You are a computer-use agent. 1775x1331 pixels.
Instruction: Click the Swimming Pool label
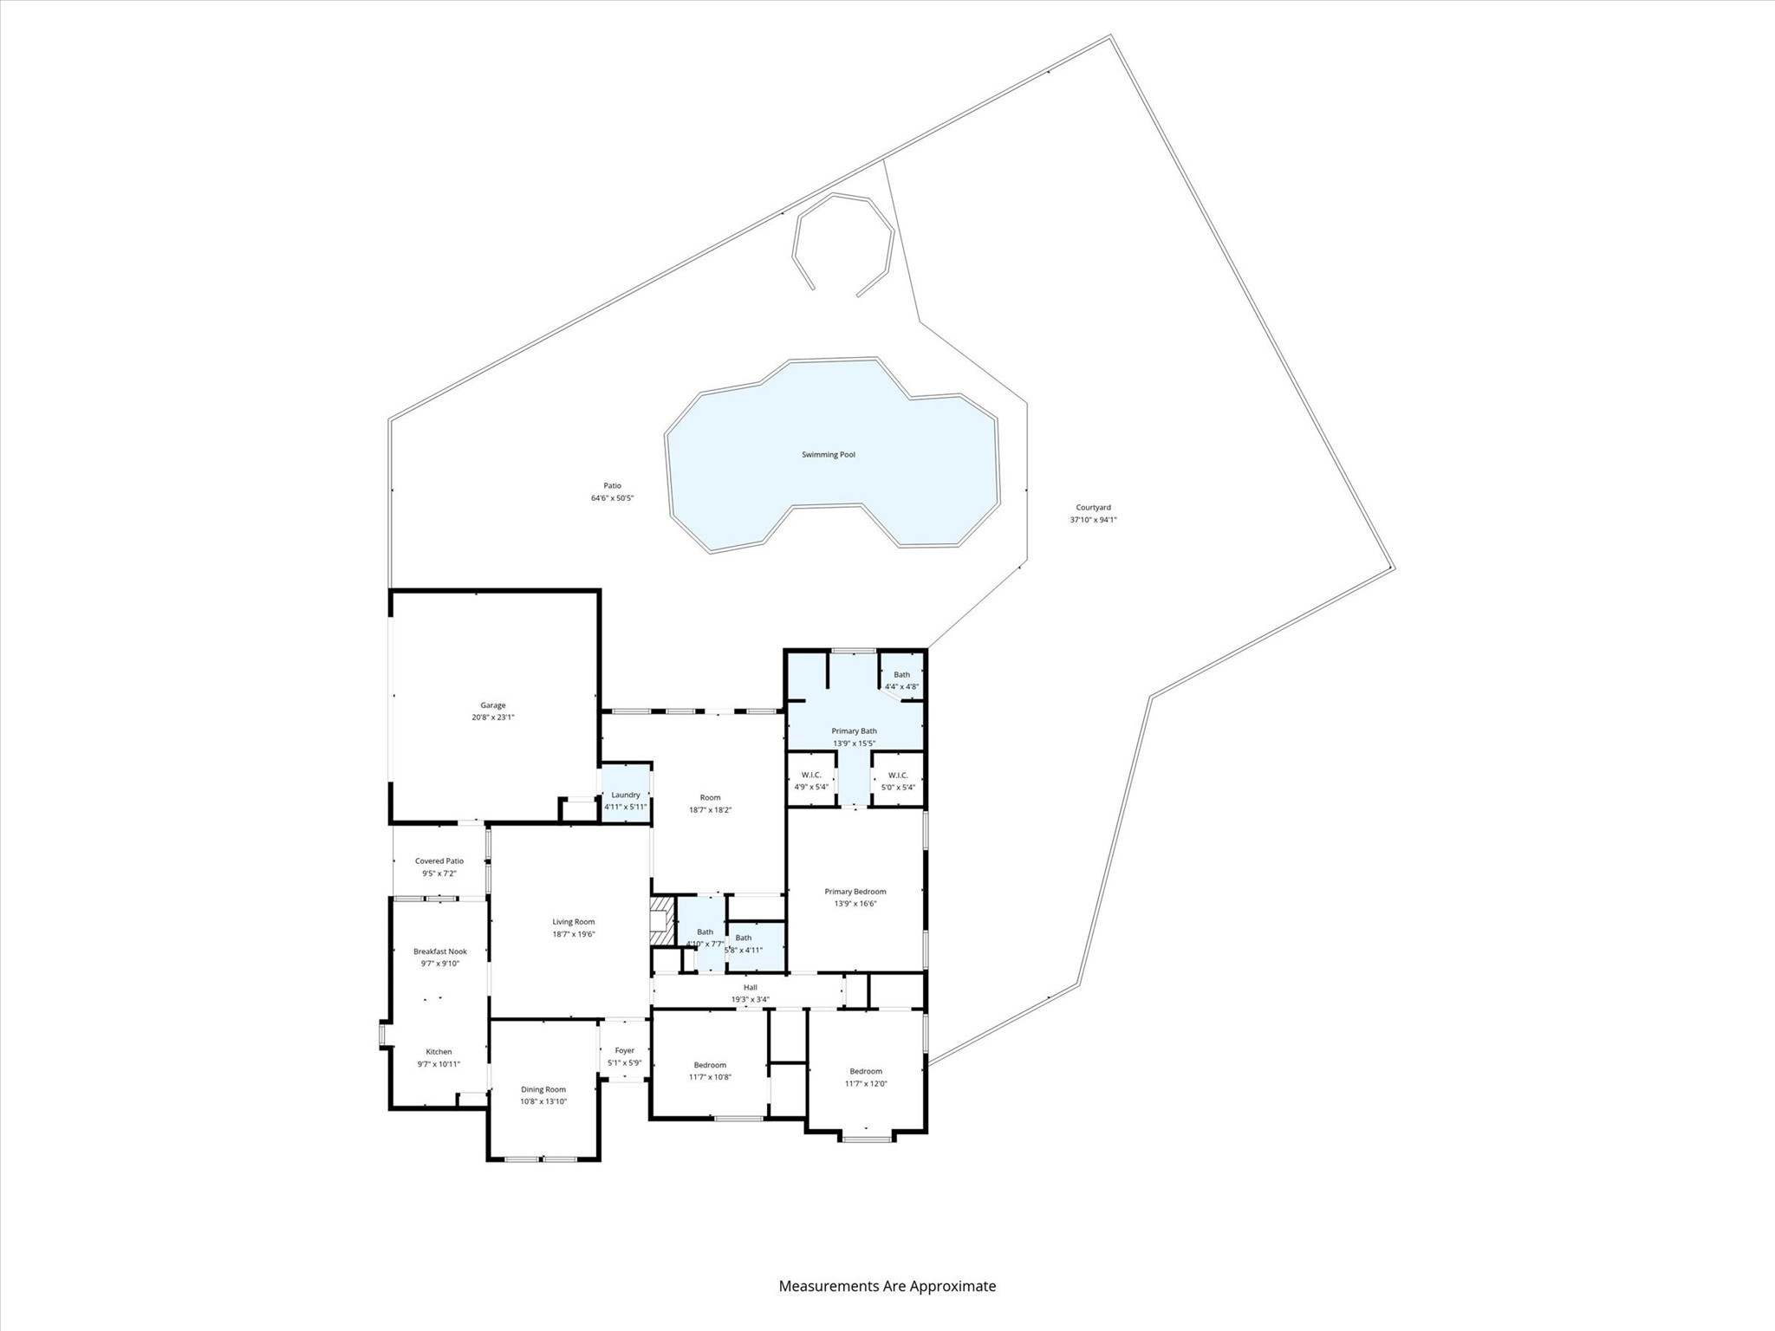click(828, 454)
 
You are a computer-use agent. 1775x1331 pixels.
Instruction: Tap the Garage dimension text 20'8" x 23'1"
click(492, 717)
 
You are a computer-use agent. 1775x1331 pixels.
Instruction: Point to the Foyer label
click(624, 1050)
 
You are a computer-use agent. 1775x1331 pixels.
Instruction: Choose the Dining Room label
click(543, 1089)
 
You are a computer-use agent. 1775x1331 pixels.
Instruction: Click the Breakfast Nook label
click(439, 951)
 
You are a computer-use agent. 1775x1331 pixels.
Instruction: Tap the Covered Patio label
click(439, 860)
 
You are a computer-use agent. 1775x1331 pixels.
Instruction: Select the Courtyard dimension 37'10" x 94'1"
click(1093, 520)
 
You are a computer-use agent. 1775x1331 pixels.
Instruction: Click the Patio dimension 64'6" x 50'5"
click(612, 498)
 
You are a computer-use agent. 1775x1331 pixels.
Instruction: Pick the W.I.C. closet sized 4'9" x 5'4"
click(811, 781)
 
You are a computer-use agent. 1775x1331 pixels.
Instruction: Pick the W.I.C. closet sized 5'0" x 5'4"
click(897, 781)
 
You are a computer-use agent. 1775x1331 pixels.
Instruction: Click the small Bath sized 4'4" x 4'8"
click(901, 680)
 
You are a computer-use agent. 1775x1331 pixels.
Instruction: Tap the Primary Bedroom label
click(855, 891)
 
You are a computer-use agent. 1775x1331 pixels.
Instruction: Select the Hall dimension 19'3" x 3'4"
click(750, 999)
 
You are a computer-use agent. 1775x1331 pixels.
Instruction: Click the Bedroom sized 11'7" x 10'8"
click(710, 1070)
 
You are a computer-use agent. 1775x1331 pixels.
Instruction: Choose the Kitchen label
click(439, 1052)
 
